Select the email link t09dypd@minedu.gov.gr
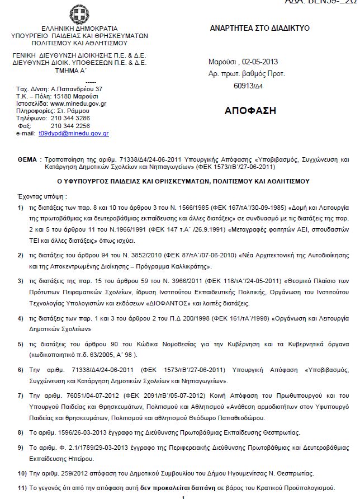pos(73,133)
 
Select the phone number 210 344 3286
pos(70,119)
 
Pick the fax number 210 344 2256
pos(70,126)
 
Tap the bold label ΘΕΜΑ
pos(27,159)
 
